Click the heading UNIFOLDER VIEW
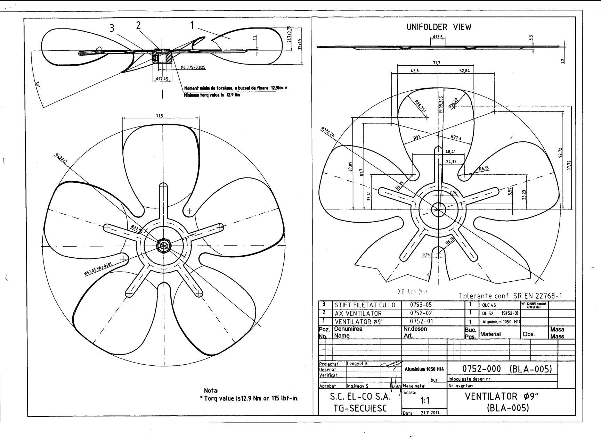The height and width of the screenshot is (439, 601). (x=439, y=27)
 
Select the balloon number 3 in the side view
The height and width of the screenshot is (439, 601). (x=112, y=28)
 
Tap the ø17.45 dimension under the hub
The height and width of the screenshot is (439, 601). (x=162, y=79)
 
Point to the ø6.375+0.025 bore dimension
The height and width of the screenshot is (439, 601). (x=193, y=67)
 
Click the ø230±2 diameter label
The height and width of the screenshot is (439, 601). (x=61, y=160)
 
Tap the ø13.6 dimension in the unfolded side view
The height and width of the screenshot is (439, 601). (x=437, y=37)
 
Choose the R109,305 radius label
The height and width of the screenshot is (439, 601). (x=441, y=105)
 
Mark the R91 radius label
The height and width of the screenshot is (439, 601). (x=417, y=138)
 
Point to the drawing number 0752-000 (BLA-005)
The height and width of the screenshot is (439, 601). (x=507, y=369)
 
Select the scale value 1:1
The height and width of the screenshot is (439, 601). (x=424, y=400)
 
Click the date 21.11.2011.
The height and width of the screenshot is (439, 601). (x=430, y=413)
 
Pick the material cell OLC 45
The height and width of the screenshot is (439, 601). (x=489, y=305)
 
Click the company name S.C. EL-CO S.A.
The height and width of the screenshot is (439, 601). (x=360, y=397)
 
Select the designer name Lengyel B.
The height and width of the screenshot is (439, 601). (x=357, y=364)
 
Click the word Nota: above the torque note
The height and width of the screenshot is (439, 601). (x=211, y=390)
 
